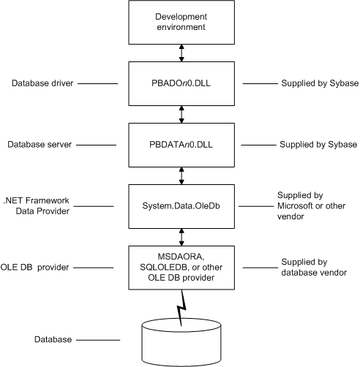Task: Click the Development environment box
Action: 181,22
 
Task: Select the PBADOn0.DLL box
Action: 181,83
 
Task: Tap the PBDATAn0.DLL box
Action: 181,145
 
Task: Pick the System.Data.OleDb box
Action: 181,206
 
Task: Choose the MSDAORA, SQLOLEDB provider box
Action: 181,268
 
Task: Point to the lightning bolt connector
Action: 181,309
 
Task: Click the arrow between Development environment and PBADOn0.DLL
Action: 181,53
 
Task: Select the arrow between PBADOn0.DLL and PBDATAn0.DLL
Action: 181,115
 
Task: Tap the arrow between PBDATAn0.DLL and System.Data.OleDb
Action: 181,176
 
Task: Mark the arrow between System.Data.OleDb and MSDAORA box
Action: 181,238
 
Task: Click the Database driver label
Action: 42,83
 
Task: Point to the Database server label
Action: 40,145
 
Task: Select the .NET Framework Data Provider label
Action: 37,206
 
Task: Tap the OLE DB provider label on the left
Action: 34,268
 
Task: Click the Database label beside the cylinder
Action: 53,339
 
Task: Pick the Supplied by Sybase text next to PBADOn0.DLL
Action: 320,83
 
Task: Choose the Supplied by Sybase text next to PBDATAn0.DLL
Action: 318,145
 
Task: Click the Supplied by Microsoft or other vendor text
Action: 311,206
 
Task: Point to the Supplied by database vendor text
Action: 314,268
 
